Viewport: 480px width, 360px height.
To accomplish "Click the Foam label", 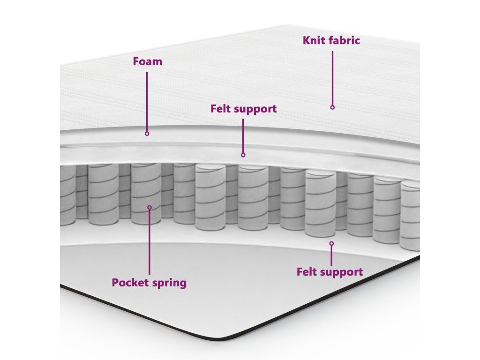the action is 147,61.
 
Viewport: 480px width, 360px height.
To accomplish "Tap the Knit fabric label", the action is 331,40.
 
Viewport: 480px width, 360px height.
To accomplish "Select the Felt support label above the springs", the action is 243,109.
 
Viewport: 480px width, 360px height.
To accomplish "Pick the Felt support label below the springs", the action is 330,272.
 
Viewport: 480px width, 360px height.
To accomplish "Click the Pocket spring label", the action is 149,283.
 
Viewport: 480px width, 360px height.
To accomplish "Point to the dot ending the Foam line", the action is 147,134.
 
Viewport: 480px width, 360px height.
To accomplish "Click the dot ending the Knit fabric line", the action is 332,107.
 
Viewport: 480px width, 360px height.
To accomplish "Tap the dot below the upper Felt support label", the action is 243,155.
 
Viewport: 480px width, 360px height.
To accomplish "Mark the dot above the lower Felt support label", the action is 331,243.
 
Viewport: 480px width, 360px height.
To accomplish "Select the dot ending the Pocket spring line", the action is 150,207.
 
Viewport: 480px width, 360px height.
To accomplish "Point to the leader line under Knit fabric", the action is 332,77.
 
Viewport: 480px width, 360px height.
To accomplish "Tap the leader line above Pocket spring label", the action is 150,241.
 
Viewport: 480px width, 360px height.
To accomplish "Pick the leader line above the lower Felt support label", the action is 331,255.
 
